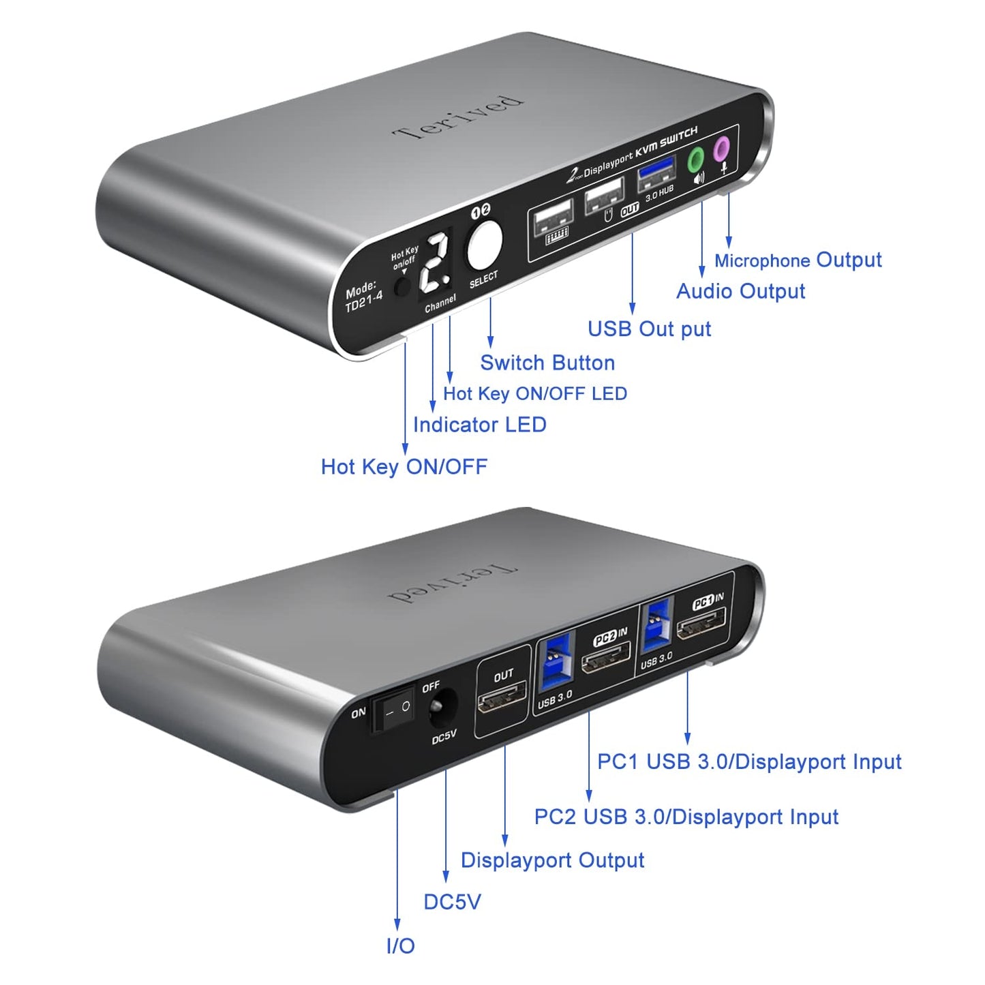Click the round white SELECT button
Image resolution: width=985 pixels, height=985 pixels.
(485, 244)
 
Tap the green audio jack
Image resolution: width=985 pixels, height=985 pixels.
(696, 161)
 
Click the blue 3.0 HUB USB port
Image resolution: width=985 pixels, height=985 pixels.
(655, 174)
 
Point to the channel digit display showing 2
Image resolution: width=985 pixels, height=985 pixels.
(435, 262)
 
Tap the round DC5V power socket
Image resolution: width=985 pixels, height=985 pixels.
(442, 708)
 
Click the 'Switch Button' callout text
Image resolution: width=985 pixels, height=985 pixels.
(547, 363)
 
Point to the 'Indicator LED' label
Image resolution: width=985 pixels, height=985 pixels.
(480, 425)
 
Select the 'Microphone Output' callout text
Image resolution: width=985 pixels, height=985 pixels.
(798, 260)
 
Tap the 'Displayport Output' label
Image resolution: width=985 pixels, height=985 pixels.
(552, 860)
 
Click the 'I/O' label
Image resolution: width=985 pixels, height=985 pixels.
(400, 945)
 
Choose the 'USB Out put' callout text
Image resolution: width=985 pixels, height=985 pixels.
(649, 329)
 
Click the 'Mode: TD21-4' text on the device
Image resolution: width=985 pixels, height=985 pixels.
(363, 297)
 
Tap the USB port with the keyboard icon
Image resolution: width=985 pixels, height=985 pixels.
(553, 222)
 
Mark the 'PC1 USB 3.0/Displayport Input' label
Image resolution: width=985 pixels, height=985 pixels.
(749, 761)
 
